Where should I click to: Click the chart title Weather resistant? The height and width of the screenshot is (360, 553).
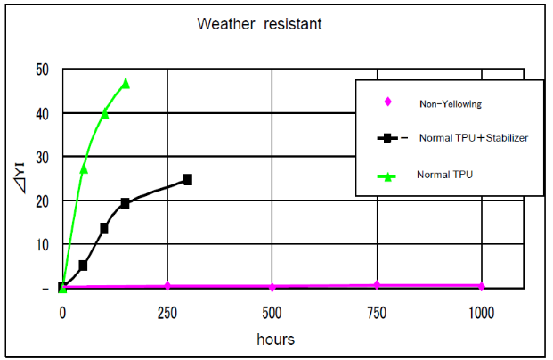(259, 24)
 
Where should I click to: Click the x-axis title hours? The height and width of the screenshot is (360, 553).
(275, 339)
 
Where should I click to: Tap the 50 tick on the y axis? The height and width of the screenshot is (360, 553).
(43, 70)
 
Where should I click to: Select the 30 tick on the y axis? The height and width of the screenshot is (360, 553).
(43, 157)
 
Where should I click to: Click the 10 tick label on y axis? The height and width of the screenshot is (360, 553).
(43, 244)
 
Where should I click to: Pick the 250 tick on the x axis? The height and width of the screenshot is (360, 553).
(167, 312)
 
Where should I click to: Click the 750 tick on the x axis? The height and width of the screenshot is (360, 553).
(377, 312)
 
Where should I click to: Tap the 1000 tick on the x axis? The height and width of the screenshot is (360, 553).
(482, 312)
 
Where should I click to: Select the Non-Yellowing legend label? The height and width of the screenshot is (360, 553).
(450, 104)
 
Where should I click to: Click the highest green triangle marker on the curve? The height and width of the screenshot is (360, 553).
(126, 83)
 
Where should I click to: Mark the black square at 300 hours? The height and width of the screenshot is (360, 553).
(188, 179)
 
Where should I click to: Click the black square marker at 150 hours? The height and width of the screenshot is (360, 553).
(126, 203)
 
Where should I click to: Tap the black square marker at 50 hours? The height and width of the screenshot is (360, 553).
(83, 266)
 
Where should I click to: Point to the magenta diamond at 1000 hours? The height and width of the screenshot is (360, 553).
(482, 286)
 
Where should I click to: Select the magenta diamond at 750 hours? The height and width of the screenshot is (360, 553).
(377, 285)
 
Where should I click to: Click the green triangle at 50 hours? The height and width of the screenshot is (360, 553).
(84, 168)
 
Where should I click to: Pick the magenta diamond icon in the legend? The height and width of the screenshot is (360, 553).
(387, 102)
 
